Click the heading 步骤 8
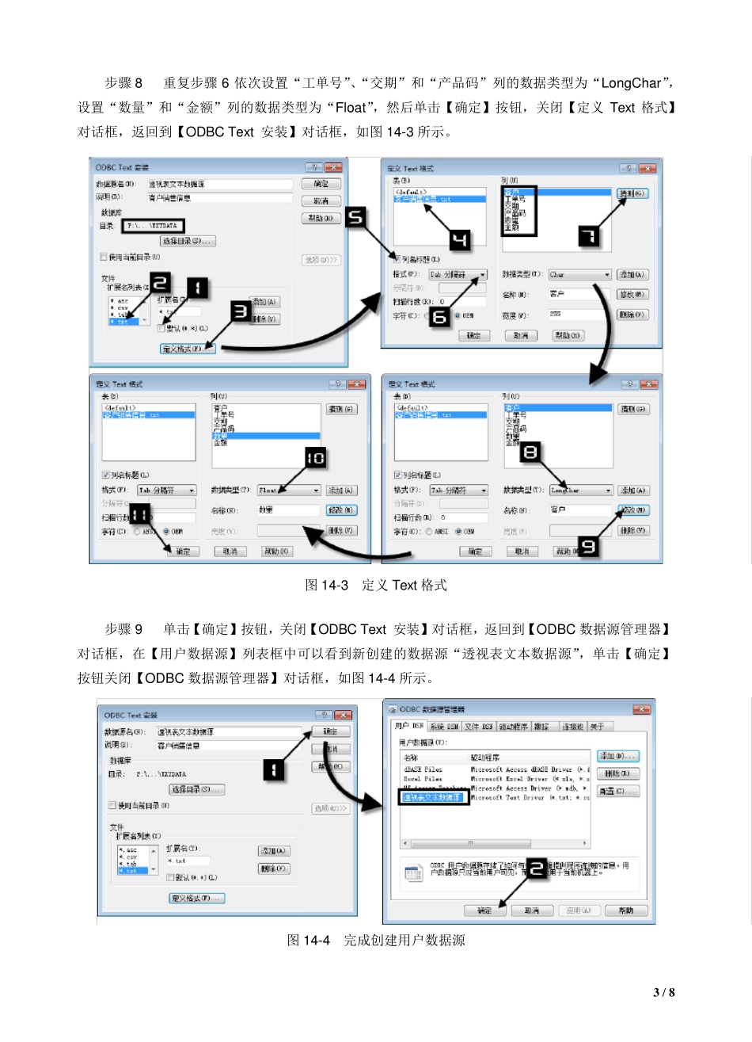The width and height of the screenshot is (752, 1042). pyautogui.click(x=123, y=83)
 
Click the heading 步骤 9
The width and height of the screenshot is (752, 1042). pyautogui.click(x=123, y=629)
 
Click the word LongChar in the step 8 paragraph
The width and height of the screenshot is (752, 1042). pyautogui.click(x=631, y=83)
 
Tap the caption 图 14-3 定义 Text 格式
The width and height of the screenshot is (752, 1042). pyautogui.click(x=376, y=586)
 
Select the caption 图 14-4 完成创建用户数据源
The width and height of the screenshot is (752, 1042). pyautogui.click(x=376, y=941)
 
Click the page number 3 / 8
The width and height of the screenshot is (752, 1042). pyautogui.click(x=663, y=993)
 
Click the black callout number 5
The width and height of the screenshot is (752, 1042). pyautogui.click(x=356, y=217)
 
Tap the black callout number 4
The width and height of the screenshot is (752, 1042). pyautogui.click(x=459, y=239)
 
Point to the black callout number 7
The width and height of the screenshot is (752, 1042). pyautogui.click(x=589, y=236)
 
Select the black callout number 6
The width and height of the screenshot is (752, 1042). pyautogui.click(x=439, y=316)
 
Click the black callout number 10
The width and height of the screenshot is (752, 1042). pyautogui.click(x=315, y=458)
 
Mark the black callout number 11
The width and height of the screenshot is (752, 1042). pyautogui.click(x=140, y=514)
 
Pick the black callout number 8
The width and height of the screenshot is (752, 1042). pyautogui.click(x=530, y=452)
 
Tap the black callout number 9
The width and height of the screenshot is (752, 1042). pyautogui.click(x=588, y=546)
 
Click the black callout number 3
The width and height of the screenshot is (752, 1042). pyautogui.click(x=240, y=311)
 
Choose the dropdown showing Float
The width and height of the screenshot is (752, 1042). pyautogui.click(x=289, y=490)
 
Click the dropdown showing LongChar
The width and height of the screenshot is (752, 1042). pyautogui.click(x=581, y=490)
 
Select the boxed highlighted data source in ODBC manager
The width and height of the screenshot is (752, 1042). pyautogui.click(x=431, y=797)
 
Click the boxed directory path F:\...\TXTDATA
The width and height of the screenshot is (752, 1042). pyautogui.click(x=153, y=226)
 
